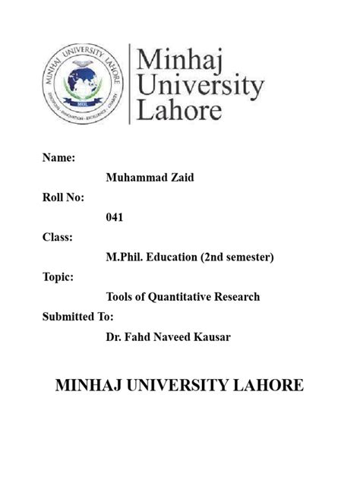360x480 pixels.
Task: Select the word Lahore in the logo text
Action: point(179,110)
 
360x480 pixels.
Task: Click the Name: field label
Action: point(57,157)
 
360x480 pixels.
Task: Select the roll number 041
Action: point(115,216)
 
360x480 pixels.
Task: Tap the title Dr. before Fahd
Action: point(113,336)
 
